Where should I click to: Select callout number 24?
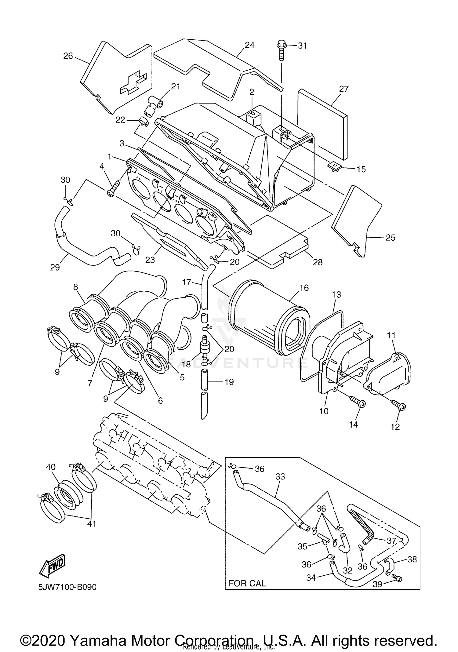[249, 45]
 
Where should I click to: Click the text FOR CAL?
[247, 583]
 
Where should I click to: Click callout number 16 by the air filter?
[304, 288]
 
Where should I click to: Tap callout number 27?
[343, 89]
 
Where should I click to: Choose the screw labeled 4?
[114, 187]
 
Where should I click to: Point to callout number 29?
[55, 267]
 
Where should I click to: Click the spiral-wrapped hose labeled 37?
[362, 525]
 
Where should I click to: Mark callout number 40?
[51, 467]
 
